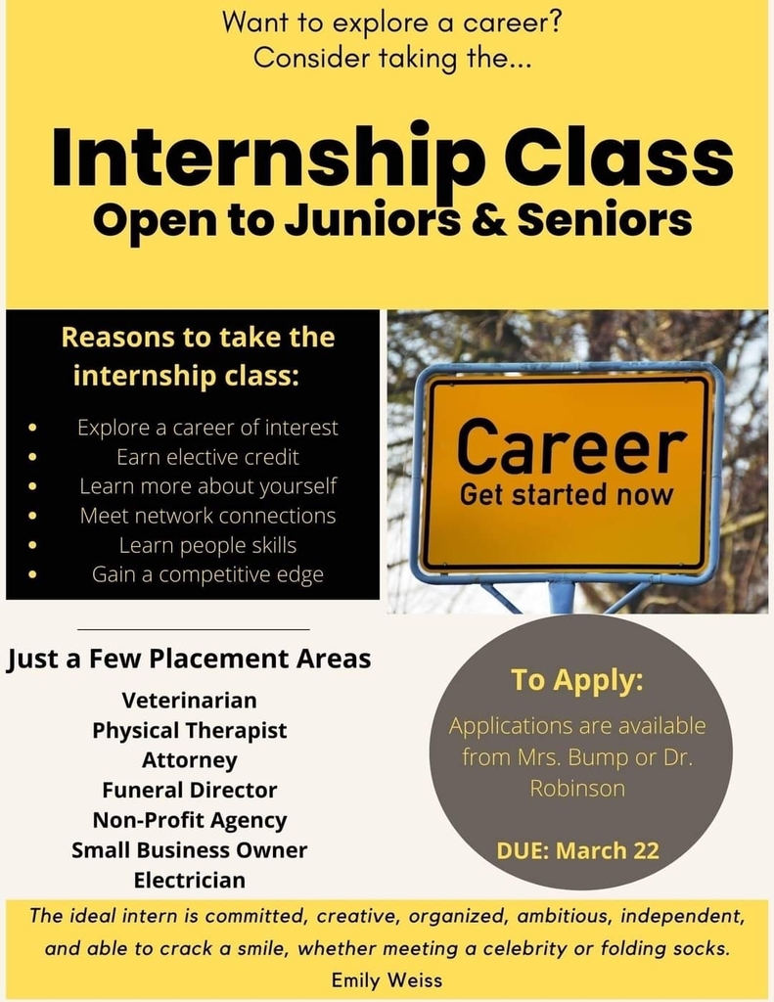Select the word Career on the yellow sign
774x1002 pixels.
click(x=571, y=445)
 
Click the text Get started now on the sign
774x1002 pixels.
click(x=567, y=495)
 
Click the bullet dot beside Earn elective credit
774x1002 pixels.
click(x=32, y=457)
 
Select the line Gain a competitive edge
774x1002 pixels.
click(x=207, y=574)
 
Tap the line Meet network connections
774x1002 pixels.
click(x=207, y=516)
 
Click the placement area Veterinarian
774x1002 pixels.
click(x=189, y=701)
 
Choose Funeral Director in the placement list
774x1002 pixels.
click(x=189, y=790)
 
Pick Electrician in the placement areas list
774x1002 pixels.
click(x=189, y=880)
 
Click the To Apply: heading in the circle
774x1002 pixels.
click(x=577, y=681)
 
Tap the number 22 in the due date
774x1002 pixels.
click(x=646, y=850)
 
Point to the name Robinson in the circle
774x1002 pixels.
click(x=577, y=788)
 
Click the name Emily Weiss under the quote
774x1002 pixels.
click(x=387, y=979)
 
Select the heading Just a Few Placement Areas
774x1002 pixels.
click(x=189, y=659)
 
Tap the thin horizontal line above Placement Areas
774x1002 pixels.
click(x=194, y=629)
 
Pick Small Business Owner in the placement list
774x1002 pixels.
click(x=189, y=850)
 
